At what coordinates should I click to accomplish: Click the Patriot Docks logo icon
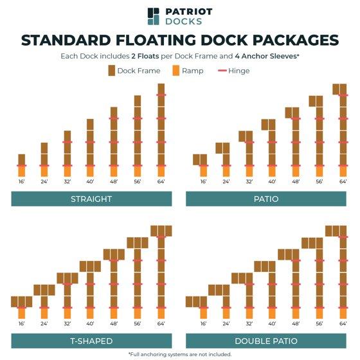click(153, 16)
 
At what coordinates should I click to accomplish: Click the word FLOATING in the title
click(156, 40)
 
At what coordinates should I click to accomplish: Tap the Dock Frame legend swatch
click(112, 71)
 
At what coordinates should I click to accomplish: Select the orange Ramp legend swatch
click(176, 71)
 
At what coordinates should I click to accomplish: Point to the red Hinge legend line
click(222, 71)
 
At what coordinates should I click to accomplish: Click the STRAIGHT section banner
click(91, 199)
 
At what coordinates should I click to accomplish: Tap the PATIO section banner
click(266, 199)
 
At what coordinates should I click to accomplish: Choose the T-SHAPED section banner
click(91, 341)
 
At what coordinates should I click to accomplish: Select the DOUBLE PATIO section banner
click(266, 341)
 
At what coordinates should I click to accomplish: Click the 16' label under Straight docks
click(22, 181)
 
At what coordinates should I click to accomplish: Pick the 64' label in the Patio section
click(343, 181)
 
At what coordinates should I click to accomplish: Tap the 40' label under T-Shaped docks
click(90, 324)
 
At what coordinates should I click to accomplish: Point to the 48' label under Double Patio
click(296, 324)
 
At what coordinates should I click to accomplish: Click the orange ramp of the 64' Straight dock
click(161, 171)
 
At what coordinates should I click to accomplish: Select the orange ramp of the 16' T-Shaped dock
click(22, 313)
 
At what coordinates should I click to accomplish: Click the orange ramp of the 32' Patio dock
click(249, 171)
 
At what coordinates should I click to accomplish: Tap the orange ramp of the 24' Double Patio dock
click(226, 313)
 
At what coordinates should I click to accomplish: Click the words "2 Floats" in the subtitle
click(145, 57)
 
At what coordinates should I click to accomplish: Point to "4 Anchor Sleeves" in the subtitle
click(266, 57)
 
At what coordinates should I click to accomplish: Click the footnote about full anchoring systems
click(180, 354)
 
